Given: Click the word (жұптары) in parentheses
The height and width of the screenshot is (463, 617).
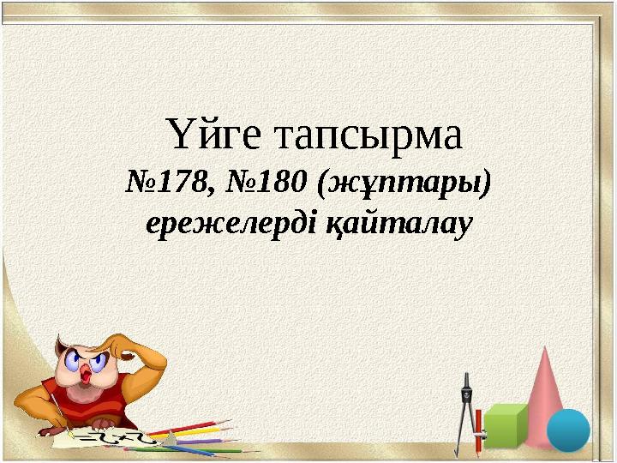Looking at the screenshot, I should [404, 182].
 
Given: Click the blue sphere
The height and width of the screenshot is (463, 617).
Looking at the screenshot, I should [568, 429].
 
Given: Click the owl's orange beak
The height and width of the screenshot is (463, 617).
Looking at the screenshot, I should [86, 375].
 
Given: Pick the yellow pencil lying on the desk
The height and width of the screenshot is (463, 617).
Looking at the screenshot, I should [201, 434].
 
